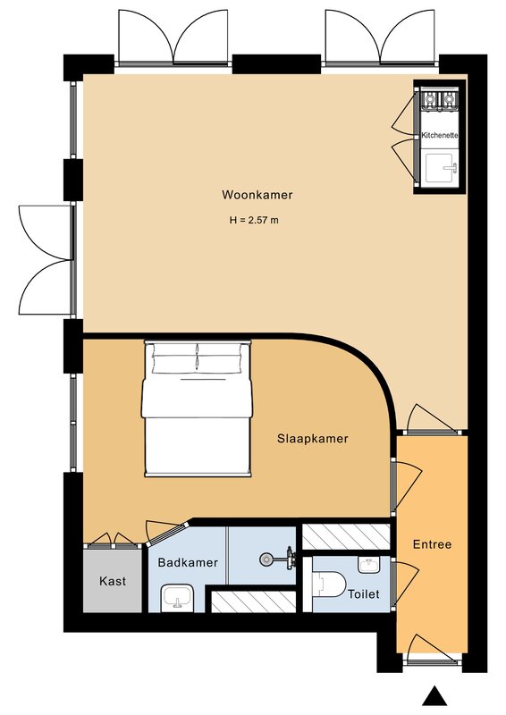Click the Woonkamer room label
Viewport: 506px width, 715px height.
(x=257, y=195)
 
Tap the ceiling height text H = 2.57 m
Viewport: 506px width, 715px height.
(x=254, y=220)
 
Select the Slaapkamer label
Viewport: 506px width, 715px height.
(x=313, y=439)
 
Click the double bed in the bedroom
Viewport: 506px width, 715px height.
(x=197, y=408)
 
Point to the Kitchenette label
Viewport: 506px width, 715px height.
(x=439, y=136)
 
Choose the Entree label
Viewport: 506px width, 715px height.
(x=432, y=544)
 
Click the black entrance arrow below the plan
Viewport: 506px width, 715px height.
(x=434, y=696)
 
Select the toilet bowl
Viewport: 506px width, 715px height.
(x=329, y=585)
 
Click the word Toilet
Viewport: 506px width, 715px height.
(x=364, y=594)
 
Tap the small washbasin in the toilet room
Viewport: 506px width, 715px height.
(x=369, y=565)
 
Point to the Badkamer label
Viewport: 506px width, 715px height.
(x=188, y=563)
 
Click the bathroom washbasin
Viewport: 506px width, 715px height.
(x=178, y=597)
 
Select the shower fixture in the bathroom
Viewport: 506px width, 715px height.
(x=278, y=559)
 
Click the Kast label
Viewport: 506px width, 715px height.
(x=113, y=582)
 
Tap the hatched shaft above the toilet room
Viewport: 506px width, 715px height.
(x=347, y=537)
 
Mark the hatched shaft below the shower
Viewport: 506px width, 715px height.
(x=254, y=601)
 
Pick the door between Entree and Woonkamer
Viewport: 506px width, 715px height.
(x=431, y=417)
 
